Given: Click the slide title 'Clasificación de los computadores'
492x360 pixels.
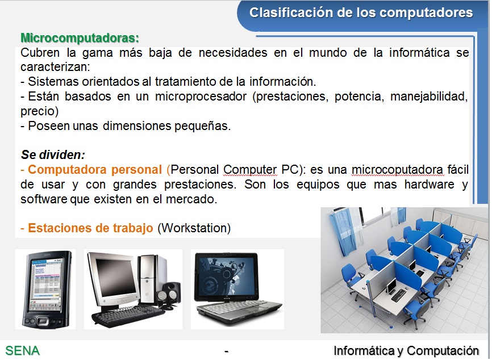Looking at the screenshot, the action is [361, 13].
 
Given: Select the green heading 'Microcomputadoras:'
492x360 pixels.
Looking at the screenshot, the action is [80, 38].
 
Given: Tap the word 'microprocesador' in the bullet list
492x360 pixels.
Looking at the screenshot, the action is [201, 97].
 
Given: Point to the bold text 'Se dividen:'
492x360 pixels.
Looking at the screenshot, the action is [53, 154].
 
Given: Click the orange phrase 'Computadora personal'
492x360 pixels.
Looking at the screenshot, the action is [95, 170].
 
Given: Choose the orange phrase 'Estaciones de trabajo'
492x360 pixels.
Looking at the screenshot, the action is [90, 228].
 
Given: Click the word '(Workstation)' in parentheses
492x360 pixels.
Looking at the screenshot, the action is [194, 228].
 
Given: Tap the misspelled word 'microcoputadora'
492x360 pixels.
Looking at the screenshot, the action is [397, 170].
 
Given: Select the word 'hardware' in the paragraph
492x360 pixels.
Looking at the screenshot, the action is [430, 185].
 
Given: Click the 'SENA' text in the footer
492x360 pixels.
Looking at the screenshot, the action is [23, 350].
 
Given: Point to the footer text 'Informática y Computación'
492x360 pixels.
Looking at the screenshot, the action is [406, 350].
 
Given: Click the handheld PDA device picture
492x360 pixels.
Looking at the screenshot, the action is [46, 290].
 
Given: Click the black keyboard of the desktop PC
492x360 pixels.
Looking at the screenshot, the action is [127, 316].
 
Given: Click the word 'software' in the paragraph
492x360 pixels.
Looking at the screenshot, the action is [44, 199].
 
